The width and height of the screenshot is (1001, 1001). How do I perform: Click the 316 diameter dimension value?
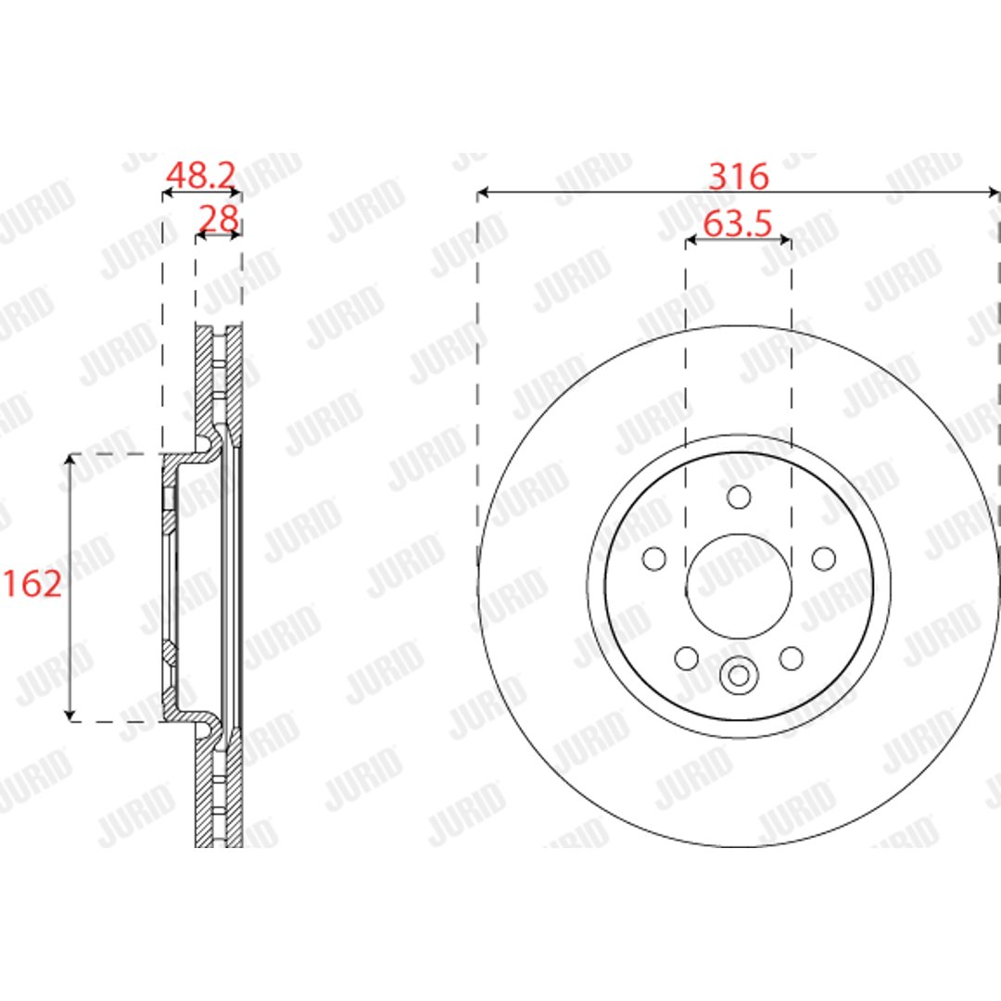point(739,176)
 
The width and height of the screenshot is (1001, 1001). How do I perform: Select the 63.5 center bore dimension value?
point(738,224)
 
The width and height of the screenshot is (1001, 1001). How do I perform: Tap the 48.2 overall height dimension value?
point(200,175)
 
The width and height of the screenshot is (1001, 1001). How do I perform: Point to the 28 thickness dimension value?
point(219,219)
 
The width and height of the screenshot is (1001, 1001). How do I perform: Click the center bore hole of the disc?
point(739,586)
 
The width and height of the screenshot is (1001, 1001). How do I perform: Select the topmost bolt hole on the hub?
point(739,497)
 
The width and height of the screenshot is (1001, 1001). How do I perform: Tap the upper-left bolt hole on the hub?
point(653,559)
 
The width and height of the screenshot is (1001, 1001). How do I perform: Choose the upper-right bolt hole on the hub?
point(824,559)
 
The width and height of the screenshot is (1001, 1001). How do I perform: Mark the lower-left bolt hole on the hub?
point(686,658)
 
